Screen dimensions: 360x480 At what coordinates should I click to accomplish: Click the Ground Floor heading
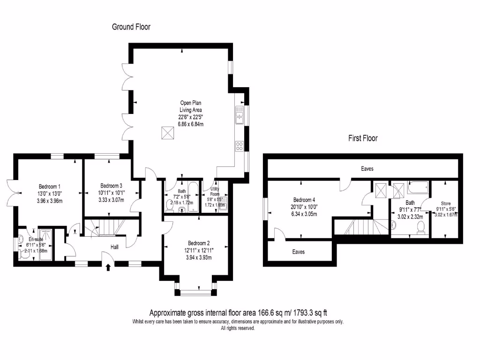click(131, 27)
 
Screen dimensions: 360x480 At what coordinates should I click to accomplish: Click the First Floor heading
click(362, 138)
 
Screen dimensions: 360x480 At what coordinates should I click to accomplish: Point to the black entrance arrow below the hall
click(109, 268)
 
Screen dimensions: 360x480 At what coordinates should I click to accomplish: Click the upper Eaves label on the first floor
click(367, 168)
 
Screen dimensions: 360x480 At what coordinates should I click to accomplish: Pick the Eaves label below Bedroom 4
click(298, 252)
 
